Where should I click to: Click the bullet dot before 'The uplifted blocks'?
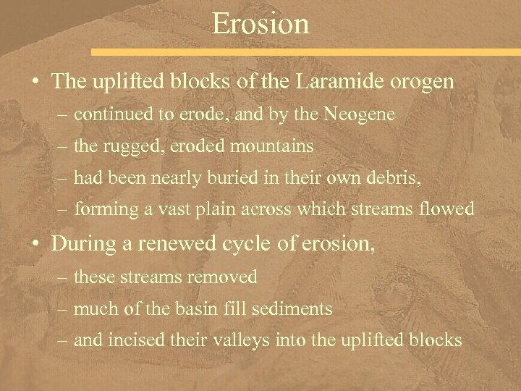35,83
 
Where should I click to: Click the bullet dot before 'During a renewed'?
35,245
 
